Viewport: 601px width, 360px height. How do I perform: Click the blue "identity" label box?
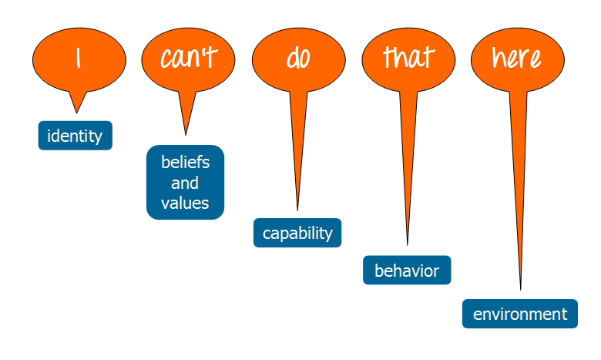click(x=75, y=136)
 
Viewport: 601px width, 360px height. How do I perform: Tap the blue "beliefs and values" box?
click(x=185, y=183)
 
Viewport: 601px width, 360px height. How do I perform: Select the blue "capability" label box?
click(x=297, y=233)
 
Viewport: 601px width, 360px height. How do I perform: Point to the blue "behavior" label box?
click(x=407, y=271)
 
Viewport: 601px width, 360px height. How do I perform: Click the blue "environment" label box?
click(x=519, y=314)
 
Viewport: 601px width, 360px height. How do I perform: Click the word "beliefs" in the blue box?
click(x=185, y=163)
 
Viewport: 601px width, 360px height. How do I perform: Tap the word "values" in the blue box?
click(x=185, y=204)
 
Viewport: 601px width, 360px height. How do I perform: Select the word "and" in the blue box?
click(x=185, y=183)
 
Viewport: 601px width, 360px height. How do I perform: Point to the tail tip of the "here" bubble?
click(x=521, y=289)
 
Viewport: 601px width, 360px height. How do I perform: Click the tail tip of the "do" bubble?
click(x=297, y=209)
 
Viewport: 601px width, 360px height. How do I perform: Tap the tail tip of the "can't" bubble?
click(x=185, y=134)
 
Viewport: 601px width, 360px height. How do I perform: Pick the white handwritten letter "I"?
click(x=78, y=59)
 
